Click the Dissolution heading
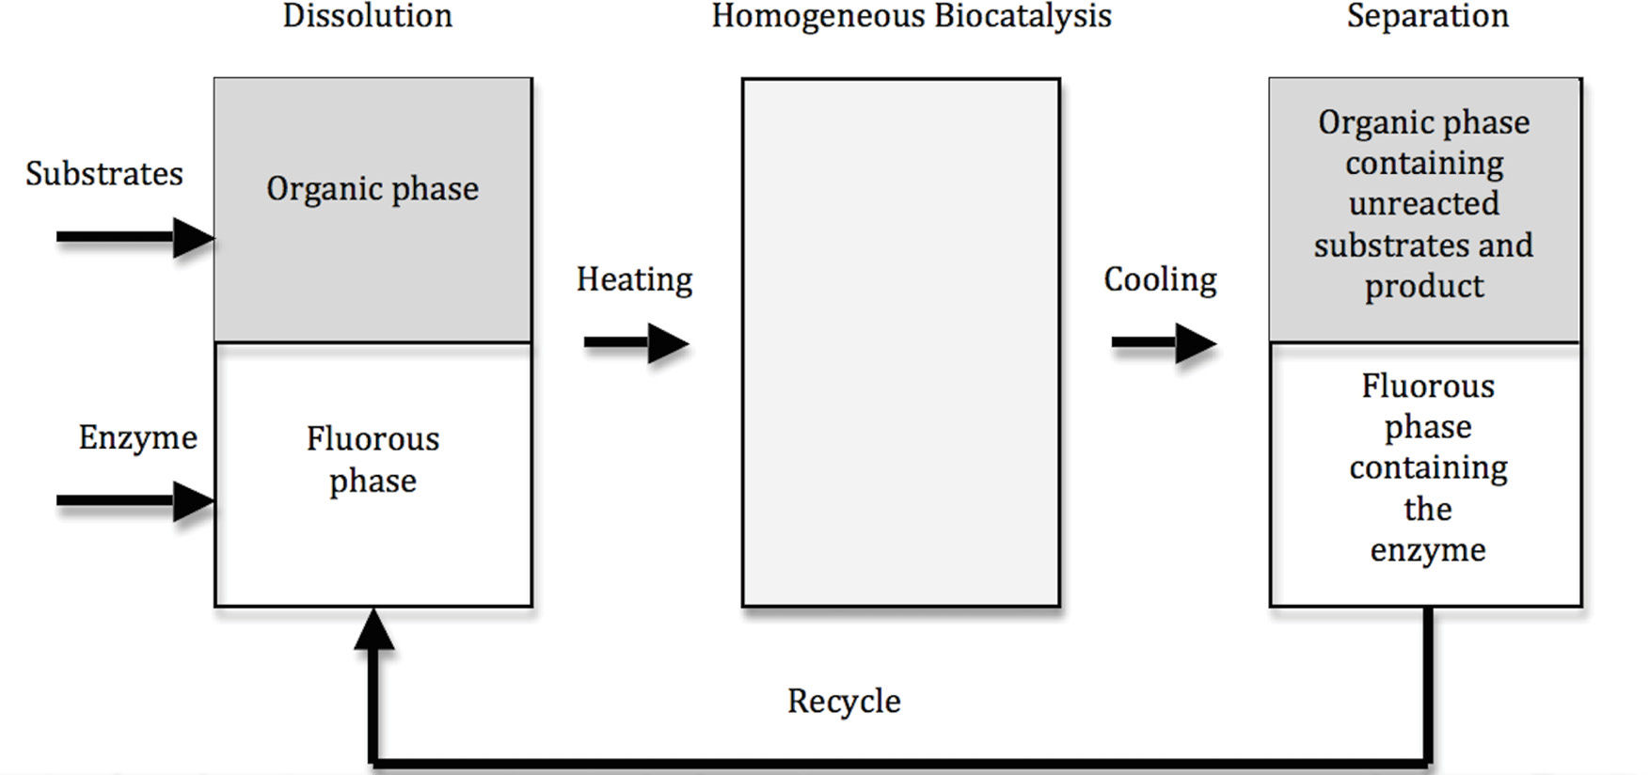tap(368, 16)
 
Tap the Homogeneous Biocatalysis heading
tap(911, 16)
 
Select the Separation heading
tap(1427, 16)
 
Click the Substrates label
tap(104, 174)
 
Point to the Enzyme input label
tap(137, 437)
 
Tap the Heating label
tap(634, 279)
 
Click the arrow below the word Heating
tap(636, 343)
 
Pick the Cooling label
tap(1160, 279)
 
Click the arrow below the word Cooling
tap(1164, 343)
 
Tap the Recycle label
tap(844, 702)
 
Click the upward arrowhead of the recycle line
tap(373, 628)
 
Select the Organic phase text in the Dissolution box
tap(373, 189)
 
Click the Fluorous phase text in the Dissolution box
tap(373, 460)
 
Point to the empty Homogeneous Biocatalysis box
tap(900, 342)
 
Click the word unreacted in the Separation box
tap(1423, 204)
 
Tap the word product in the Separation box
tap(1424, 286)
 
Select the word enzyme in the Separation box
tap(1427, 550)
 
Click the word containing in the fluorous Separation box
tap(1428, 467)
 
